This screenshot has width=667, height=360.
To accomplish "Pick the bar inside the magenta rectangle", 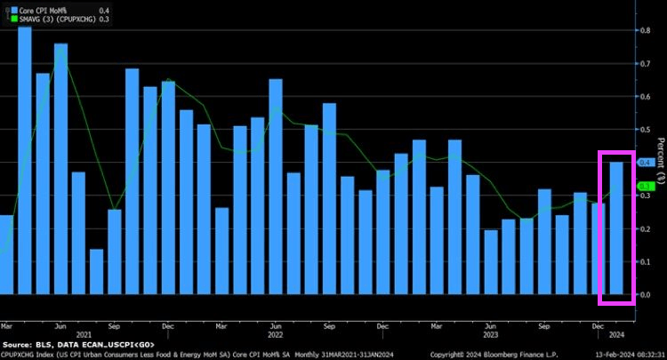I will (615, 228).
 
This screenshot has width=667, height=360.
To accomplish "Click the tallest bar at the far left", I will (24, 160).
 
